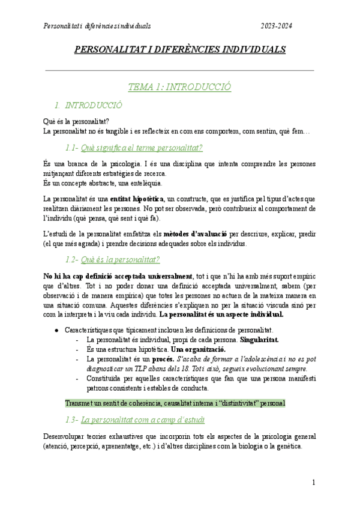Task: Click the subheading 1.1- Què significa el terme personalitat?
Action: [x=133, y=148]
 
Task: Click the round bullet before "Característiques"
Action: [x=56, y=330]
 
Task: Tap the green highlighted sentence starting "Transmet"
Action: [x=175, y=403]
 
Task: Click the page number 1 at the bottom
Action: [x=313, y=483]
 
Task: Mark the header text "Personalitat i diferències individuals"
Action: [x=97, y=26]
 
